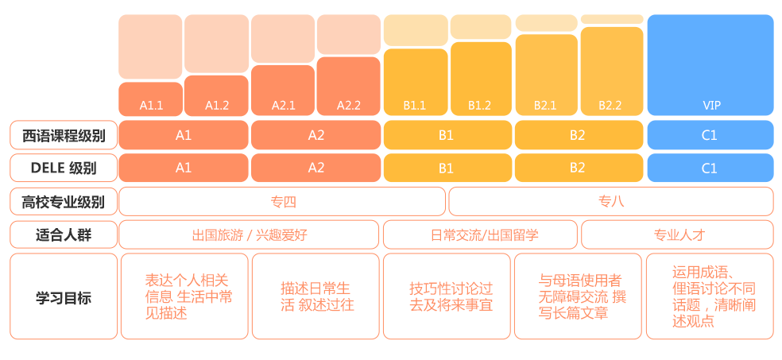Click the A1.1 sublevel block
pos(151,99)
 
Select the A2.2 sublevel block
pos(348,87)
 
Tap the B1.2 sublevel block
pos(481,79)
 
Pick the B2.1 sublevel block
pos(546,75)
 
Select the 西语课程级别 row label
pos(64,135)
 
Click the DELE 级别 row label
pos(64,168)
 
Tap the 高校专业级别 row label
pos(64,201)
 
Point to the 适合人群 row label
pos(64,235)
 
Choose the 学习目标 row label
pos(64,296)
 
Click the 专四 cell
pos(282,201)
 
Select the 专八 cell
pos(611,201)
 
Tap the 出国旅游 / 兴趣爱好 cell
pos(249,235)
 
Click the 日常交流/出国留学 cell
pos(480,235)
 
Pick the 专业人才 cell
pos(677,235)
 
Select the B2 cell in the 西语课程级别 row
pos(578,135)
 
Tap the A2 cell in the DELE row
pos(316,168)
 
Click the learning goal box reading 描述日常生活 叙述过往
pos(316,296)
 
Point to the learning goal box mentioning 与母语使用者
pos(578,296)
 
